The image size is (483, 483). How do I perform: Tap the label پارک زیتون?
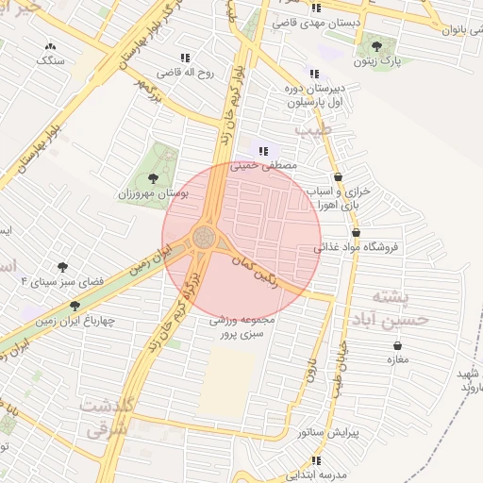(x=384, y=61)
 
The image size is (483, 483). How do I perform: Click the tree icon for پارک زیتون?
(x=376, y=45)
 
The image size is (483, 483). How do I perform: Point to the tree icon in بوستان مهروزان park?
(x=153, y=176)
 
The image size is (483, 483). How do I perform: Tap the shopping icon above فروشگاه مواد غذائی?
(x=356, y=232)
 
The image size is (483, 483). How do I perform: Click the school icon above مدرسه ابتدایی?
(x=315, y=460)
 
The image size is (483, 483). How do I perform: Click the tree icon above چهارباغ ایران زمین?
(x=75, y=306)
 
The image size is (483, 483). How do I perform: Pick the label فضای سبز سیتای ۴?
(x=62, y=282)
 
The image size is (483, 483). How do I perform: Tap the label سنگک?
(x=50, y=60)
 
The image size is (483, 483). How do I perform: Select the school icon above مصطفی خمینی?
(x=263, y=150)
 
